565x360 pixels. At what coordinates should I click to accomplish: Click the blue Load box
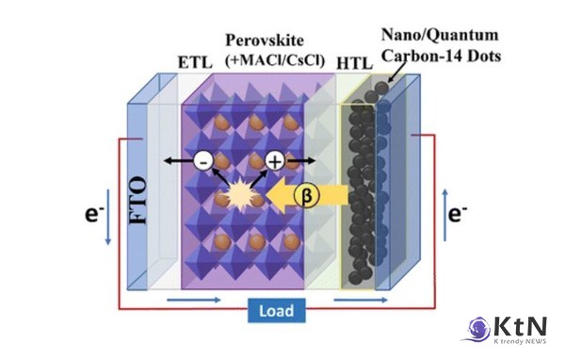point(276,310)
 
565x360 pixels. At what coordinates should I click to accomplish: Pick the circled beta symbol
point(307,195)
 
